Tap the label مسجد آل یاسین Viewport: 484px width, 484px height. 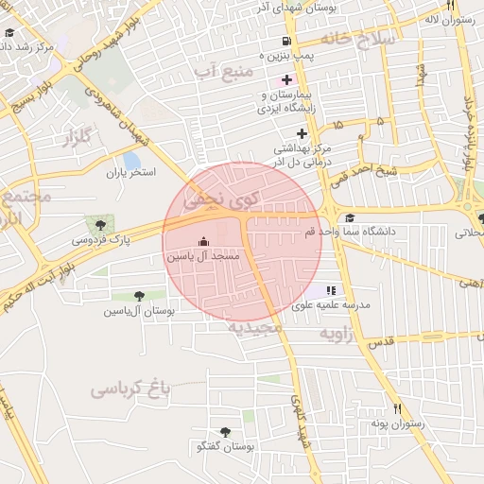pyautogui.click(x=203, y=256)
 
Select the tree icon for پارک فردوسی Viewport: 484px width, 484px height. pyautogui.click(x=101, y=224)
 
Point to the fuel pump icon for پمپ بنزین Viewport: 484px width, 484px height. pyautogui.click(x=285, y=42)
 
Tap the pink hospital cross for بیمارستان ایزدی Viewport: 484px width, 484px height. pyautogui.click(x=286, y=79)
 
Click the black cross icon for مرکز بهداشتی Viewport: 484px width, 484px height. pyautogui.click(x=302, y=133)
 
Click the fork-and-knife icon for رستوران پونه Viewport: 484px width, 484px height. pyautogui.click(x=398, y=409)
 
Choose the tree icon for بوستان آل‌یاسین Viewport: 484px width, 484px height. pyautogui.click(x=140, y=296)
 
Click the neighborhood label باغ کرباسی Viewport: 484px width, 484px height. pyautogui.click(x=130, y=388)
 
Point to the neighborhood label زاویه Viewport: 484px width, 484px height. pyautogui.click(x=337, y=335)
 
